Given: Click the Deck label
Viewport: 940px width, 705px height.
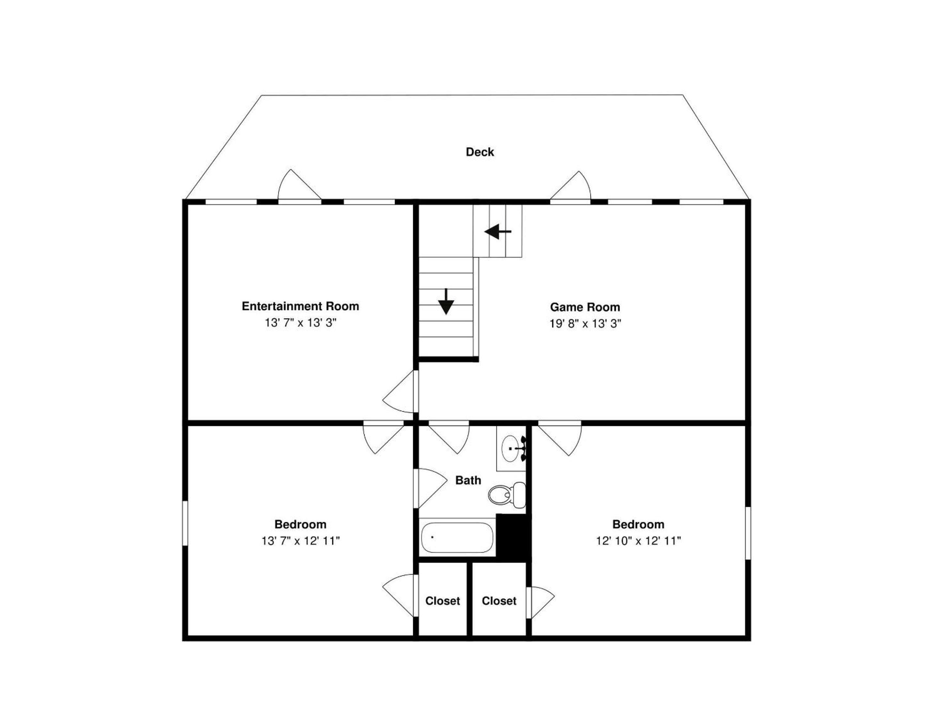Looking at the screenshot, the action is tap(480, 152).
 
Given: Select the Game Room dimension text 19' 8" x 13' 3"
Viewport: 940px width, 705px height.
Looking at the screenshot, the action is tap(585, 324).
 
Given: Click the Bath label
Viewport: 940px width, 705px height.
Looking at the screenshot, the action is tap(468, 480).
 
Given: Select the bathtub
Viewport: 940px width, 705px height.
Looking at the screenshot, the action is tap(457, 537).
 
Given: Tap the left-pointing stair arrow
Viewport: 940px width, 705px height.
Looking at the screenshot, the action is tap(498, 232).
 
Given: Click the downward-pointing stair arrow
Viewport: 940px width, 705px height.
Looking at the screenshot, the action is tap(446, 302).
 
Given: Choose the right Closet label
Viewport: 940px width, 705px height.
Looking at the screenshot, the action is tap(499, 601).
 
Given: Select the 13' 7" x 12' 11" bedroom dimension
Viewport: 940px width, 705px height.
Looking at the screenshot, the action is tap(301, 540).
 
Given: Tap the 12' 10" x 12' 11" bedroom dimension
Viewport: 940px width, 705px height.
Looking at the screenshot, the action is tap(638, 540).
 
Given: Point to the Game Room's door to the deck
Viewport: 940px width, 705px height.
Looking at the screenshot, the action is tap(571, 186).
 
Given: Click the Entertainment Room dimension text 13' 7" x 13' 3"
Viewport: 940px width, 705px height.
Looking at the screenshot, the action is tap(301, 323).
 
